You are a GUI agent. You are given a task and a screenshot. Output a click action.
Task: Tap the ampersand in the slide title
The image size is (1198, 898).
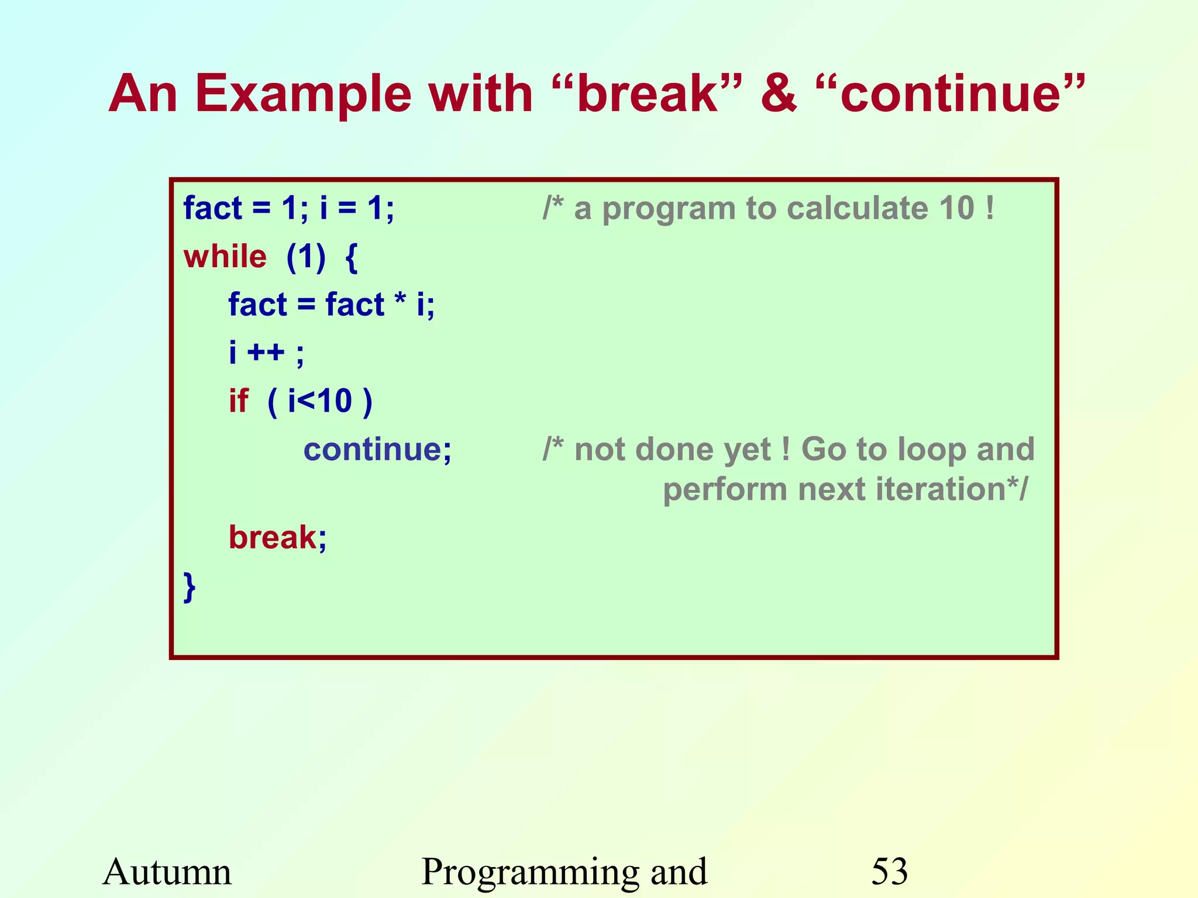click(x=778, y=94)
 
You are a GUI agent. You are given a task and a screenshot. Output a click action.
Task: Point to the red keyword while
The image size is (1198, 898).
click(x=225, y=257)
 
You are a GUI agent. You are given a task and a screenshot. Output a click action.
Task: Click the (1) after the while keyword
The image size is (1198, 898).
click(x=305, y=257)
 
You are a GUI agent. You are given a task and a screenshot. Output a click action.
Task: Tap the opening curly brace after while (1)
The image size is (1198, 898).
click(x=351, y=258)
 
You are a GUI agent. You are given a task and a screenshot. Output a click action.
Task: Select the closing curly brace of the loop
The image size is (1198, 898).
click(x=189, y=587)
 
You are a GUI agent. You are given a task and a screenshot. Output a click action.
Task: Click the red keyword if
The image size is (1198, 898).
click(x=238, y=402)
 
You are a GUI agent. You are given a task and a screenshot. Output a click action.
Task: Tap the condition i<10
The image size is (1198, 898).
click(x=319, y=402)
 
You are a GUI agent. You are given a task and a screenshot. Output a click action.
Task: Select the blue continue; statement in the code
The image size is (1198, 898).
click(x=377, y=450)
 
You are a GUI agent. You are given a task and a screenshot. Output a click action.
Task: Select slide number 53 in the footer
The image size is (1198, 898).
click(x=889, y=872)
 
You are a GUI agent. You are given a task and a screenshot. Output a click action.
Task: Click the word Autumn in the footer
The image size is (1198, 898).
click(x=167, y=872)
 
